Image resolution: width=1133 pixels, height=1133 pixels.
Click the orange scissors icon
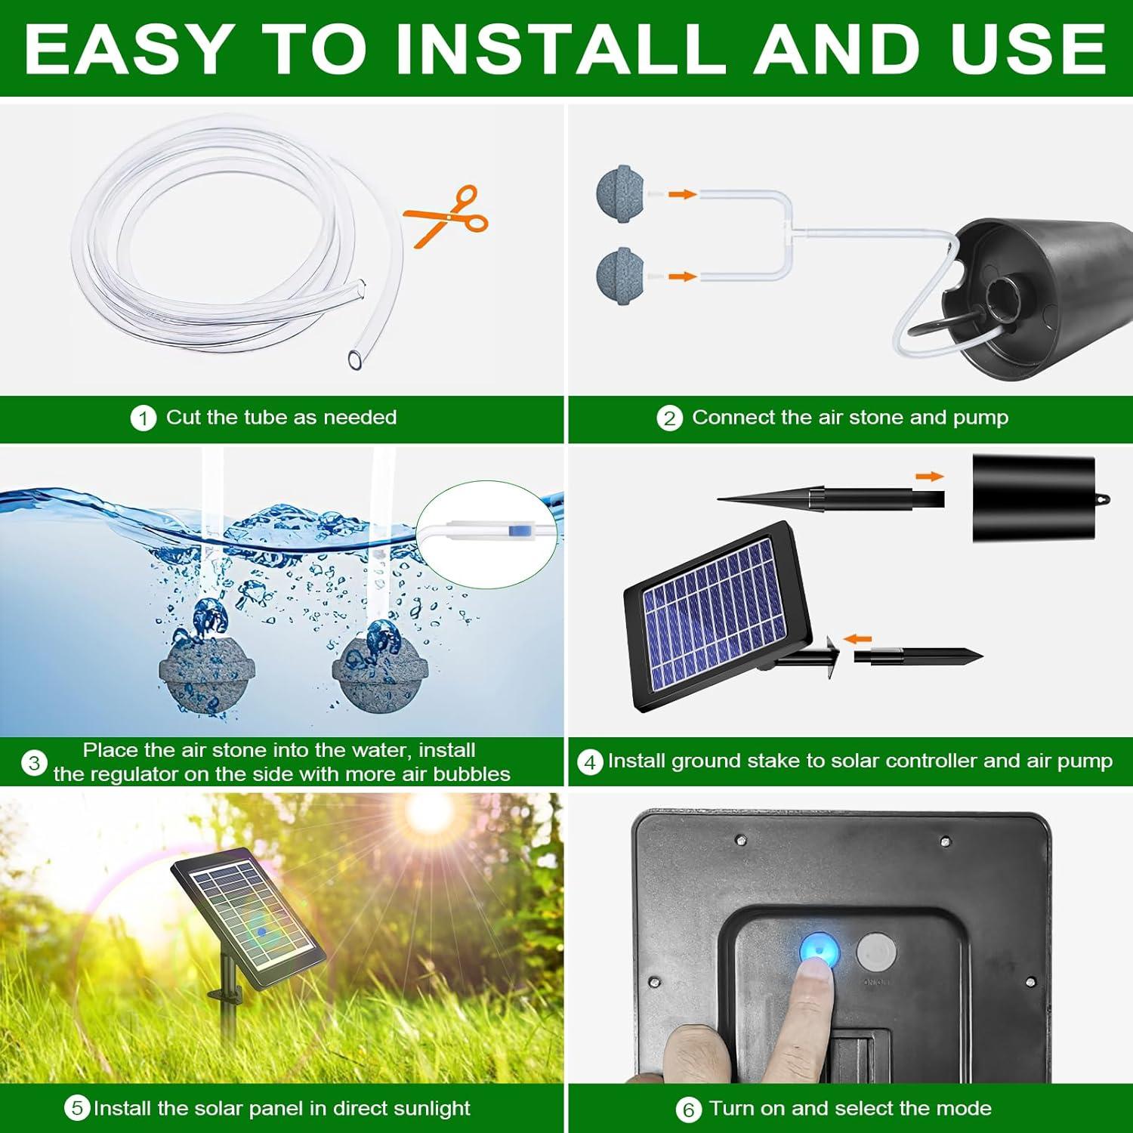pyautogui.click(x=447, y=217)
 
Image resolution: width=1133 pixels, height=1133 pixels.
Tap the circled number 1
pyautogui.click(x=143, y=418)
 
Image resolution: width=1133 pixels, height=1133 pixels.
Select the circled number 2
pyautogui.click(x=669, y=418)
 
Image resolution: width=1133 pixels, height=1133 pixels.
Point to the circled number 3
pyautogui.click(x=34, y=763)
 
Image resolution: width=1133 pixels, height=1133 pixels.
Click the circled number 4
pyautogui.click(x=590, y=762)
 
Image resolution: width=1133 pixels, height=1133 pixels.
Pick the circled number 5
pyautogui.click(x=77, y=1109)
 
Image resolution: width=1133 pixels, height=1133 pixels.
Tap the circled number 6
pyautogui.click(x=687, y=1110)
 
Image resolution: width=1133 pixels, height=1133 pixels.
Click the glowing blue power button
pyautogui.click(x=820, y=950)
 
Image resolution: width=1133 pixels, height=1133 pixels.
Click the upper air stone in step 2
pyautogui.click(x=620, y=194)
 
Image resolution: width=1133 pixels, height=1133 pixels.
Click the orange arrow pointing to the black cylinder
pyautogui.click(x=930, y=476)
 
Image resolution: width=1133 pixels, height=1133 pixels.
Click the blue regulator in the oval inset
pyautogui.click(x=517, y=531)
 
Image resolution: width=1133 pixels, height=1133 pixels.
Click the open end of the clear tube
pyautogui.click(x=356, y=359)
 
